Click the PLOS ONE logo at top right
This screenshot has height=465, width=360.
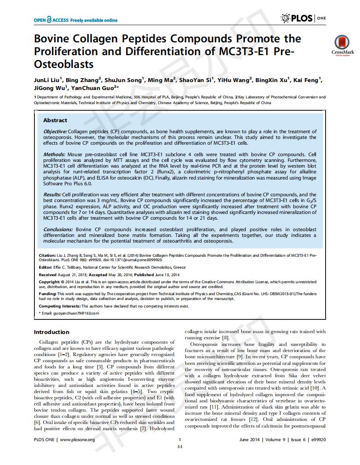pos(304,18)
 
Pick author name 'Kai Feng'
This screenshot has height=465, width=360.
pos(307,80)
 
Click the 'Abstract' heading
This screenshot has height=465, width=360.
pos(55,120)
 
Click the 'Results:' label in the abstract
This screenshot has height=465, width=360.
pos(52,195)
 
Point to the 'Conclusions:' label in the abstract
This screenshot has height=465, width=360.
pos(58,229)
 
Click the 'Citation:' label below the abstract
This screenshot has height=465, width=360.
pos(47,255)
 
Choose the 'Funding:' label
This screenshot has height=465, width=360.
pos(47,293)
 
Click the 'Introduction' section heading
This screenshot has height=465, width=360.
pos(52,332)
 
